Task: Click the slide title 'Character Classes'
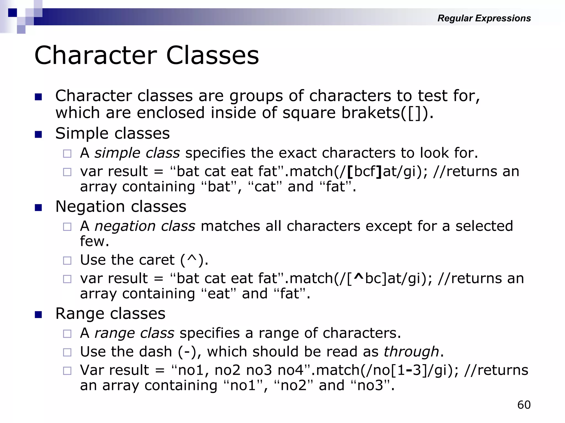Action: pos(146,56)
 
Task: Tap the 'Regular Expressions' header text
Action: pos(484,18)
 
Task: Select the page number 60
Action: pos(524,405)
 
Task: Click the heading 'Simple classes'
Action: pos(112,134)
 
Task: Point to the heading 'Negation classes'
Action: pos(121,207)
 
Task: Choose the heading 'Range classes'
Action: pos(110,314)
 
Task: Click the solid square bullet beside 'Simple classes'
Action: pos(38,135)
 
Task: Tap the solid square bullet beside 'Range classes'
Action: pos(38,314)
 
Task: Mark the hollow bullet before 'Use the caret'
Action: pos(67,261)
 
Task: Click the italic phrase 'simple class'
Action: pos(137,153)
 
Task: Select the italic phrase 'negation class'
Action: pos(145,226)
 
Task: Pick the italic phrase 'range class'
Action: pos(134,333)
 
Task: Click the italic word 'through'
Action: pos(411,352)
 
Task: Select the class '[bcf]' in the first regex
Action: pos(364,172)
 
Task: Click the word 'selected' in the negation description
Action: pos(484,226)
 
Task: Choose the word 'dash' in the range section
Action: pos(155,352)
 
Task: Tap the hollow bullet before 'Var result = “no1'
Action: pos(67,371)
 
